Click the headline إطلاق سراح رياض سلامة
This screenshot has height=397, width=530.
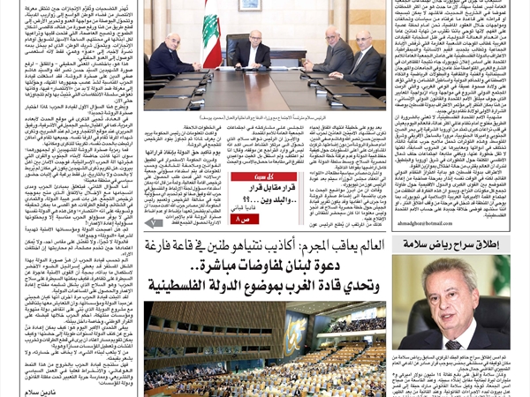coord(451,245)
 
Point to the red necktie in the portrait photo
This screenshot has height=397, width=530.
coord(459,331)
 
